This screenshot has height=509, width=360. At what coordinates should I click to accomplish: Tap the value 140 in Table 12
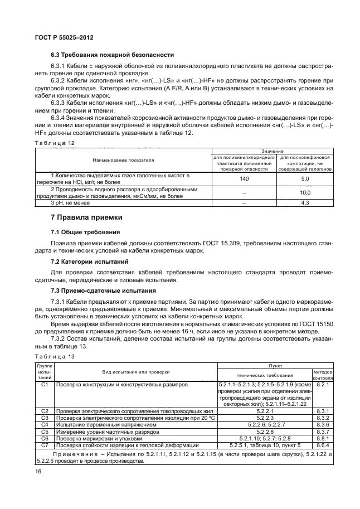(x=244, y=178)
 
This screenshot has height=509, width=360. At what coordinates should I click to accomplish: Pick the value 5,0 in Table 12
(x=305, y=178)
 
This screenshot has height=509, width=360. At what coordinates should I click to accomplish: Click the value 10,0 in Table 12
(x=305, y=192)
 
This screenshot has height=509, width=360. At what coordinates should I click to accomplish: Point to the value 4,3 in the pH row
(x=305, y=203)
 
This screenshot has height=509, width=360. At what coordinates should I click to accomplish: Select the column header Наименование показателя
(x=123, y=159)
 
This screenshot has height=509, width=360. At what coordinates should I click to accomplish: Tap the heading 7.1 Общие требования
(x=85, y=231)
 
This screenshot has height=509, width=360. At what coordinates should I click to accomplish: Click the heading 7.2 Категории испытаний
(x=90, y=261)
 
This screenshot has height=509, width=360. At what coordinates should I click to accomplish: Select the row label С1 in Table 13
(x=46, y=385)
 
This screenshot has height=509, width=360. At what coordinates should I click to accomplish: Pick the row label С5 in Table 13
(x=46, y=431)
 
